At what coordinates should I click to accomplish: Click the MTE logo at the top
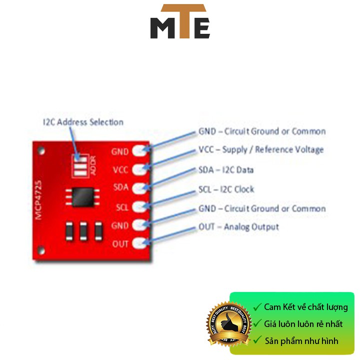pos(180,22)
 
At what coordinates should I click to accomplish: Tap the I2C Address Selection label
pos(83,122)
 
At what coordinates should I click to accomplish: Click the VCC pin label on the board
pos(120,170)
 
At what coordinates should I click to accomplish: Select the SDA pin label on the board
pos(120,188)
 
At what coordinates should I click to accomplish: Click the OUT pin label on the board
pos(120,244)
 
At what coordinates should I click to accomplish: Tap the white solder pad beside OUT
pos(140,244)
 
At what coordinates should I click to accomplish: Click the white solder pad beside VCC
pos(140,169)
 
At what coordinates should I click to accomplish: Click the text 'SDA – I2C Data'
pos(226,170)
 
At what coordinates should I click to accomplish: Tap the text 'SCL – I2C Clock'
pos(226,189)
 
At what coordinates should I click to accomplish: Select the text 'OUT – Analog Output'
pos(238,227)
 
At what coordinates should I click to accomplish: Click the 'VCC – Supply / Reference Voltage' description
pos(261,149)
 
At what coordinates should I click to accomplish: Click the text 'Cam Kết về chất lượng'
pos(305,307)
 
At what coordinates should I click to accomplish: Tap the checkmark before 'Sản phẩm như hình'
pos(257,341)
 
